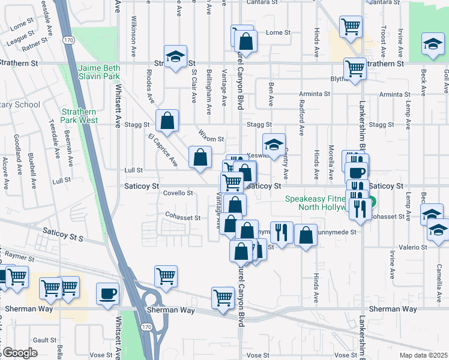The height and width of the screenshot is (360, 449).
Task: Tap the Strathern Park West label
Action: click(79, 115)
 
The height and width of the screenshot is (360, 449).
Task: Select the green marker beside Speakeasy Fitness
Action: click(372, 202)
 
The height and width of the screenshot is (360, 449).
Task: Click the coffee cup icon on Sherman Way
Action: click(107, 293)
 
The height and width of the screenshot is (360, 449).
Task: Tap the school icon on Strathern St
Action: click(175, 57)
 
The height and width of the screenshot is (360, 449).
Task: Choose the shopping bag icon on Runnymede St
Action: click(306, 235)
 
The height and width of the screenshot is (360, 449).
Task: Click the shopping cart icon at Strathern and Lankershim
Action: click(355, 68)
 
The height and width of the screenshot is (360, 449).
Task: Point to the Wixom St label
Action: click(211, 139)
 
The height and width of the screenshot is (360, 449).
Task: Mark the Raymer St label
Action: click(18, 256)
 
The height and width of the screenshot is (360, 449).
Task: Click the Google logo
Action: click(19, 353)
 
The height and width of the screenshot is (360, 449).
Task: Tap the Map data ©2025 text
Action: click(423, 355)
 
